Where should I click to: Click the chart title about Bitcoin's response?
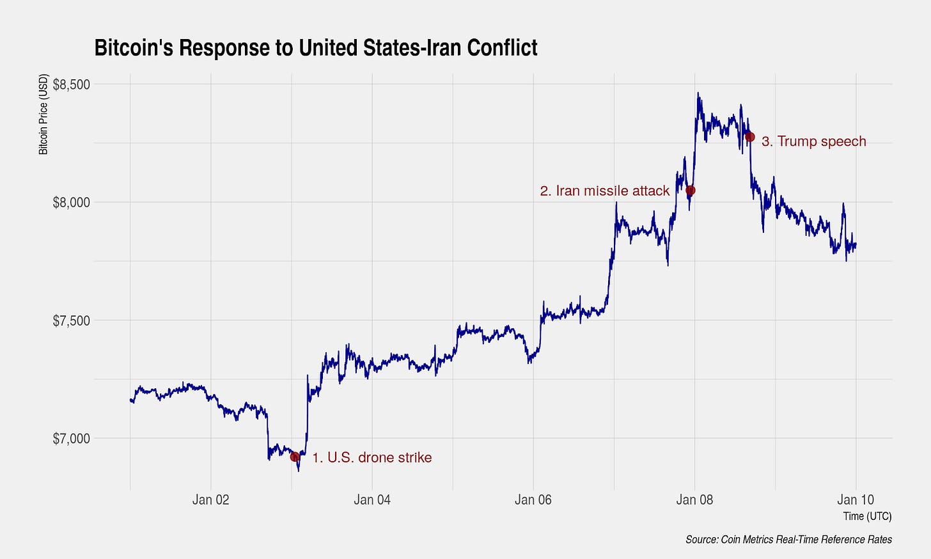[x=316, y=48]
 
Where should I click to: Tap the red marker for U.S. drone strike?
[x=295, y=457]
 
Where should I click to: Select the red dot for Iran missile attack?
[x=690, y=191]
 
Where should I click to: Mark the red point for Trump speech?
[x=750, y=137]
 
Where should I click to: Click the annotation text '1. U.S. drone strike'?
[x=372, y=457]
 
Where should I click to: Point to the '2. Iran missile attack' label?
[x=604, y=191]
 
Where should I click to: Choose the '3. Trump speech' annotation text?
[x=813, y=141]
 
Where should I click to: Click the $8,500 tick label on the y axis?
[x=71, y=84]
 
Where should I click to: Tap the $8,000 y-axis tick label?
[x=71, y=202]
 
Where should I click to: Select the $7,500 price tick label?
[x=71, y=320]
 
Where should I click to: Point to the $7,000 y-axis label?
[x=71, y=439]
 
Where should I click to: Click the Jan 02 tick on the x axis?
[x=211, y=500]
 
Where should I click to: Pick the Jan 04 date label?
[x=372, y=500]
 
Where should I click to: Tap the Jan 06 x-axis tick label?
[x=533, y=500]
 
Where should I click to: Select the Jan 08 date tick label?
[x=694, y=500]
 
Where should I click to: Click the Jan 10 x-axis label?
[x=856, y=500]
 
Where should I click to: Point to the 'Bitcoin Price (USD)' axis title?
[x=43, y=114]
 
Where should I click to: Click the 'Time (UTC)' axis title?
[x=867, y=516]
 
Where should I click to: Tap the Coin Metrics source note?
[x=788, y=540]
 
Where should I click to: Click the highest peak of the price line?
[x=698, y=93]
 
